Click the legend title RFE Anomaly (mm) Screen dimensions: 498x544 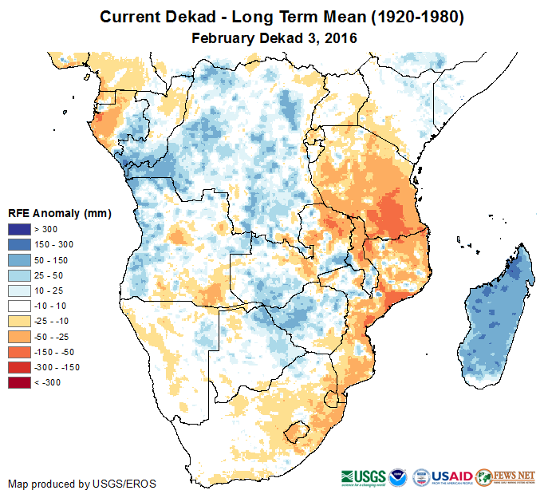59,213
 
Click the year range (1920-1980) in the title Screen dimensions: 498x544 410,17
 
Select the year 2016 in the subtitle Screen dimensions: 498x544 338,38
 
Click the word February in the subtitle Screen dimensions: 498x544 223,38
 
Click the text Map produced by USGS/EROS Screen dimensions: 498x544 81,484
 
